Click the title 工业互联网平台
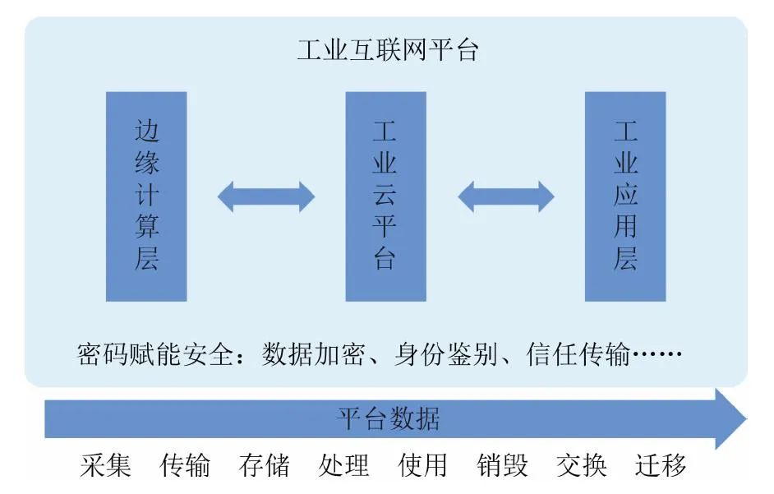tap(387, 52)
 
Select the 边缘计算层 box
tap(147, 196)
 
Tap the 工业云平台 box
tap(385, 196)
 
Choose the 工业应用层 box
tap(624, 196)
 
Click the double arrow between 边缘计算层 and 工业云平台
tap(266, 196)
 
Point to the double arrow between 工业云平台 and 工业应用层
tap(505, 196)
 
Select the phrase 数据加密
tap(313, 355)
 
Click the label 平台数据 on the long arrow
tap(387, 419)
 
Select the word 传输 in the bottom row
tap(185, 465)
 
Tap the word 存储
tap(265, 465)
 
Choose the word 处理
tap(343, 465)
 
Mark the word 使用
tap(423, 465)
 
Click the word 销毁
tap(503, 465)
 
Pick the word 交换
tap(582, 465)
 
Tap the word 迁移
tap(661, 465)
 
